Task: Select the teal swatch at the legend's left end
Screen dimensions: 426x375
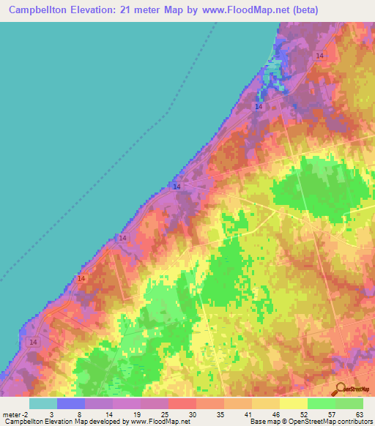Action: (x=43, y=403)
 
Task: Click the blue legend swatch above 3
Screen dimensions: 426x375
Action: (x=71, y=403)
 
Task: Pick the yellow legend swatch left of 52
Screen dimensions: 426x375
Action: (x=294, y=403)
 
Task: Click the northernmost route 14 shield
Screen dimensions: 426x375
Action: (x=320, y=56)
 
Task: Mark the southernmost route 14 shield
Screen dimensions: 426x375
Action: (x=32, y=342)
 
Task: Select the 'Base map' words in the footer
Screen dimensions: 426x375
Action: (x=261, y=422)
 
